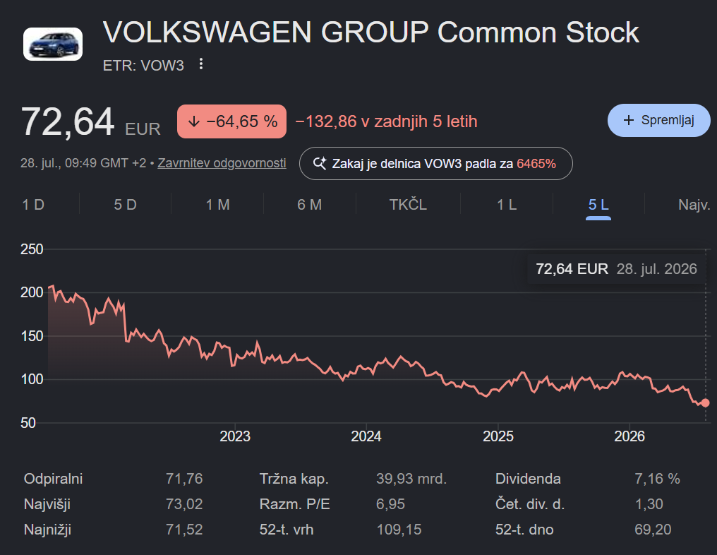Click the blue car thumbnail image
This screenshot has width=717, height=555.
point(53,44)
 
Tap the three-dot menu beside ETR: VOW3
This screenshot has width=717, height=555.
point(200,64)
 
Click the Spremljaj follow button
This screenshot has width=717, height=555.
point(658,120)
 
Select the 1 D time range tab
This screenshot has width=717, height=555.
point(33,205)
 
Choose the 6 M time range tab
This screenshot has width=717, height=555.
point(310,205)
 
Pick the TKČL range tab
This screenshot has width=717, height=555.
point(408,205)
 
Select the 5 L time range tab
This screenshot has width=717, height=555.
point(598,205)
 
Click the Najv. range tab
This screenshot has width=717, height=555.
point(694,205)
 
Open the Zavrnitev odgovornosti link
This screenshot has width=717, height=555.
point(222,163)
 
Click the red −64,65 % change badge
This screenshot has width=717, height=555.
point(232,121)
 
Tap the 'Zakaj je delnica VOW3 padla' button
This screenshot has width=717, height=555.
point(436,163)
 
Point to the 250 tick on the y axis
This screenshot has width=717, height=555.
point(32,249)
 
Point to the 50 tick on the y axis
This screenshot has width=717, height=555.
point(28,423)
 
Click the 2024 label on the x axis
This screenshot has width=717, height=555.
point(366,436)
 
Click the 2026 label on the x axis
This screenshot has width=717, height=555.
point(629,436)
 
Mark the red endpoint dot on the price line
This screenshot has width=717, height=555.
point(705,402)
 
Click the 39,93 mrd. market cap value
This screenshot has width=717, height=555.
point(411,479)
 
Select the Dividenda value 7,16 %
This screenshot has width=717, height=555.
point(657,479)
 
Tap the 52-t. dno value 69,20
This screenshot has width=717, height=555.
point(653,530)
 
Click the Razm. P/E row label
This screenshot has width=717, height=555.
point(294,503)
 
